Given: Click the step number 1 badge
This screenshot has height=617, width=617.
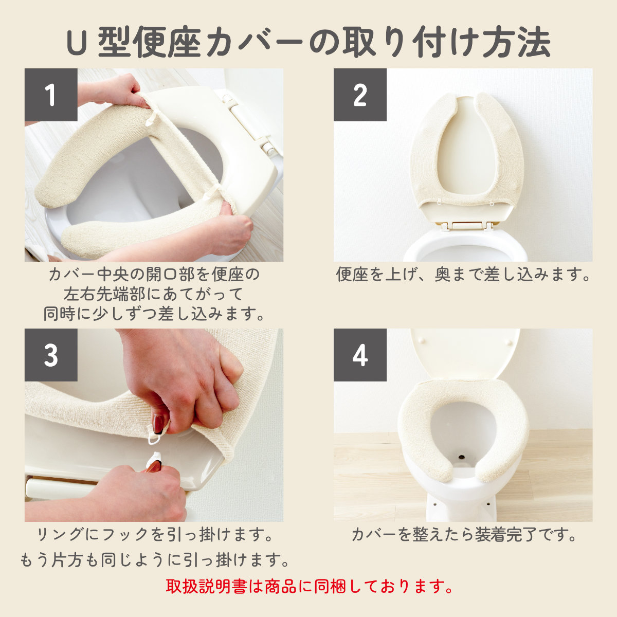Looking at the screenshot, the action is [51, 95].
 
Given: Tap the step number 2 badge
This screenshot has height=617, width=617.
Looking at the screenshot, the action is [360, 95].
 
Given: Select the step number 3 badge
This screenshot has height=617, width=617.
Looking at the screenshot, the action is [51, 355].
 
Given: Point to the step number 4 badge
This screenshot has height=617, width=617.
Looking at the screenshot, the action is [360, 355].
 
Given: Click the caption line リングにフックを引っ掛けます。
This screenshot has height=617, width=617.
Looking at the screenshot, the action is [154, 534].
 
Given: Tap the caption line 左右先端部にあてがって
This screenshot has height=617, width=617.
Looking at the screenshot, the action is [153, 294].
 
